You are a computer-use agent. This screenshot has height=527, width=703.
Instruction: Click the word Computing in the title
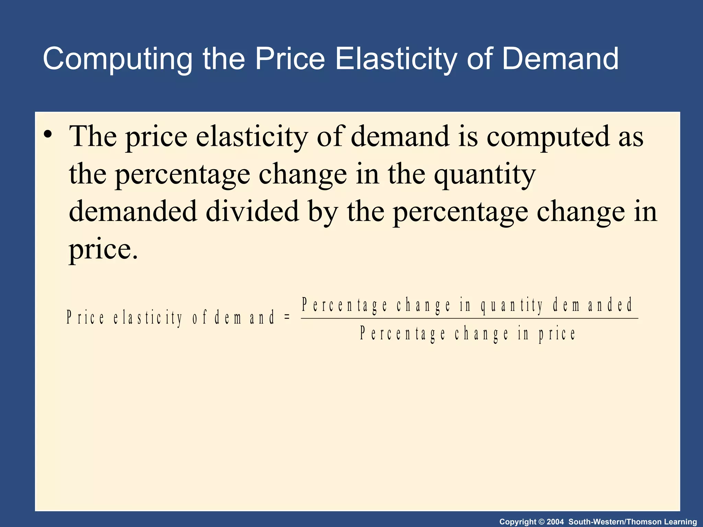117,59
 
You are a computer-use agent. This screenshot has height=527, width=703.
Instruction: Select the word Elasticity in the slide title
396,59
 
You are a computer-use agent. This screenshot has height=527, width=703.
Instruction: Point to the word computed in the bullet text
548,137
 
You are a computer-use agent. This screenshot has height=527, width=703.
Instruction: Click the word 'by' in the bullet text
323,213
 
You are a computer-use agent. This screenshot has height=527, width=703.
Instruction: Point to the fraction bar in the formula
469,318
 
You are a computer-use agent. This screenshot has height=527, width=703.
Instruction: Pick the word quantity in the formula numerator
512,305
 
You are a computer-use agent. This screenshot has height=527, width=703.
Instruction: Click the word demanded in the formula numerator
592,305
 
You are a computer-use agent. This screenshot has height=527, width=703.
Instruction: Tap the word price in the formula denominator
557,334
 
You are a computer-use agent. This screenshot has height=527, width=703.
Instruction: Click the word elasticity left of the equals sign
148,317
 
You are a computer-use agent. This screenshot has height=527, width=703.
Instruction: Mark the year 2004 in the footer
555,522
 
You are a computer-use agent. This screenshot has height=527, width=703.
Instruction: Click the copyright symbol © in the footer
541,522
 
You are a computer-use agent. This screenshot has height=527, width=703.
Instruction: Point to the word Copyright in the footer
518,522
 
